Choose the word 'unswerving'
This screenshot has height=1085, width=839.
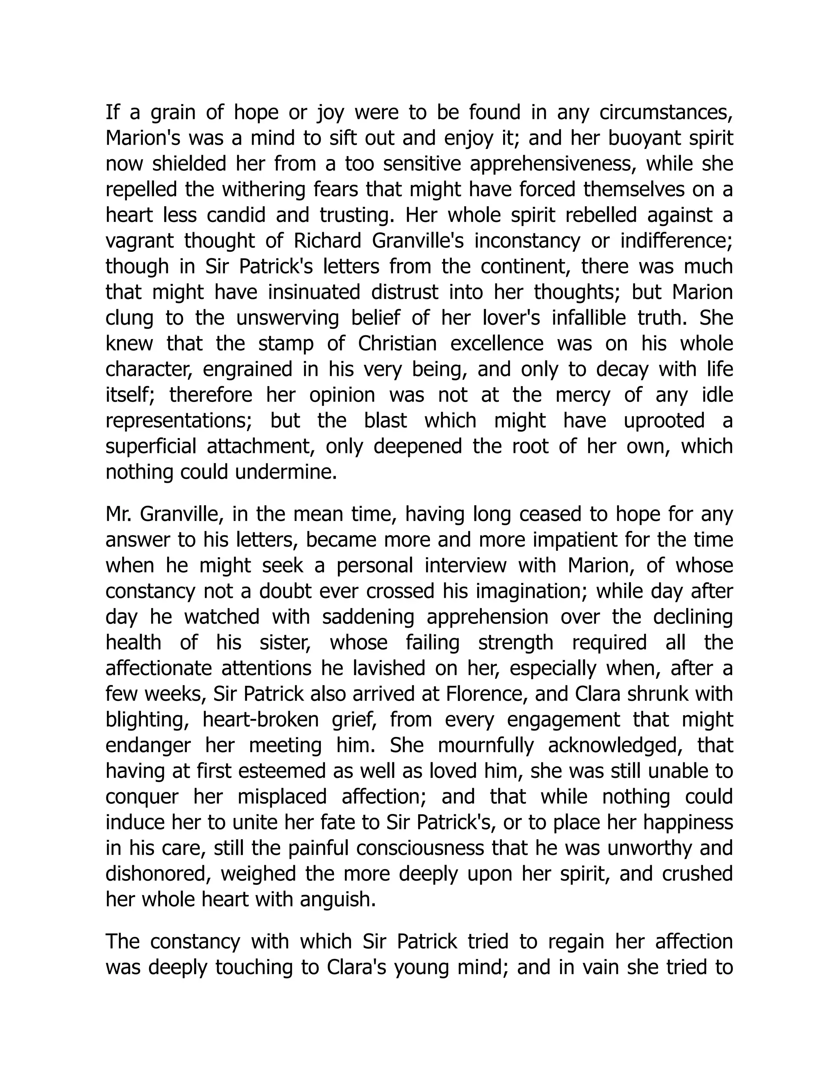pyautogui.click(x=287, y=318)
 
